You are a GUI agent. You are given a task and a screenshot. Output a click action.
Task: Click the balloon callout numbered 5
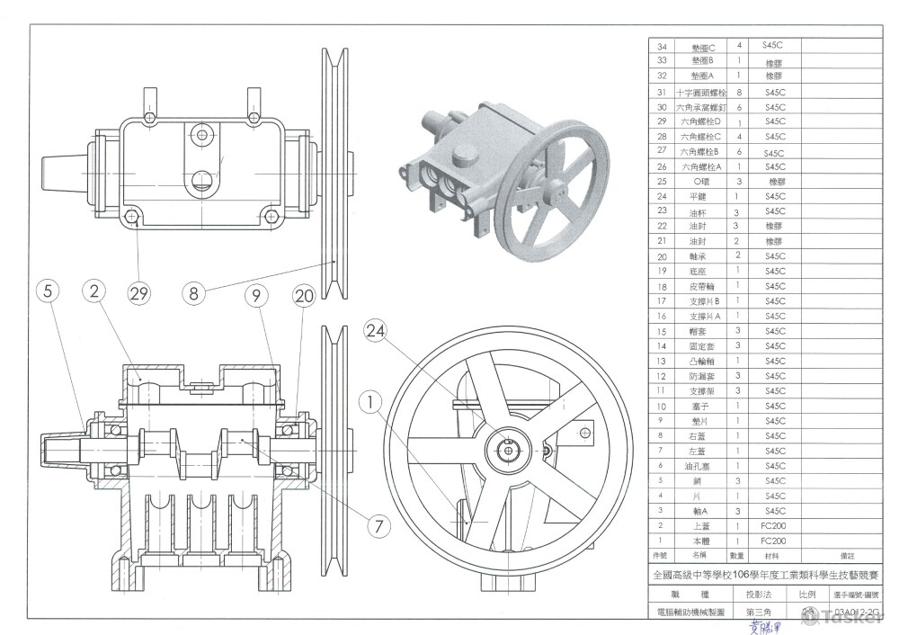(x=50, y=291)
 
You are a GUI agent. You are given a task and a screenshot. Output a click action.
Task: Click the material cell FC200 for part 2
(x=774, y=526)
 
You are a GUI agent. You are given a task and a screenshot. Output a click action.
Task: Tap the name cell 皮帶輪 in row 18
(x=698, y=286)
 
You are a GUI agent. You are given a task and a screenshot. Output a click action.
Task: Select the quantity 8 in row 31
(x=739, y=92)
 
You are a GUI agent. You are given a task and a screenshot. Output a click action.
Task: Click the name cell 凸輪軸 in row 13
(x=698, y=361)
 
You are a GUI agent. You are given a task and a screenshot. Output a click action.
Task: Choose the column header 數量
(x=739, y=557)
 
